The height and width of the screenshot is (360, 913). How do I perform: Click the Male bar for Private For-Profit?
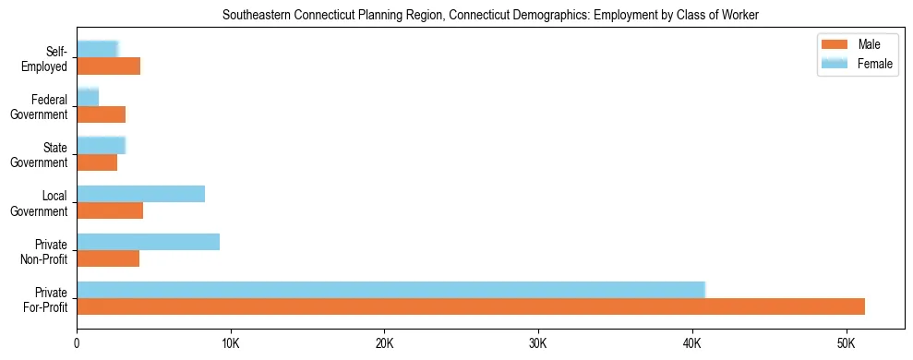[x=471, y=306]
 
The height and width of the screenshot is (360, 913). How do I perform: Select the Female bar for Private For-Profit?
[x=390, y=289]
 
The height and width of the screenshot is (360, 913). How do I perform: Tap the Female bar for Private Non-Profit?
[x=148, y=242]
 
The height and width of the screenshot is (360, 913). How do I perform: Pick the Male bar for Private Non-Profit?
[x=108, y=259]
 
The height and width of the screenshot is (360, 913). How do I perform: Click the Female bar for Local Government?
[x=140, y=194]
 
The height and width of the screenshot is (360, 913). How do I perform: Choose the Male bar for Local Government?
[x=110, y=211]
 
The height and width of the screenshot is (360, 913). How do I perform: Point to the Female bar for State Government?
[x=101, y=145]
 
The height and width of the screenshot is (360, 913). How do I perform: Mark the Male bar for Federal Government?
[x=101, y=114]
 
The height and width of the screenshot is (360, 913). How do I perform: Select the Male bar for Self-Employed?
[x=108, y=66]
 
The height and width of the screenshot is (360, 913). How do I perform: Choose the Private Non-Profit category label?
[x=45, y=252]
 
